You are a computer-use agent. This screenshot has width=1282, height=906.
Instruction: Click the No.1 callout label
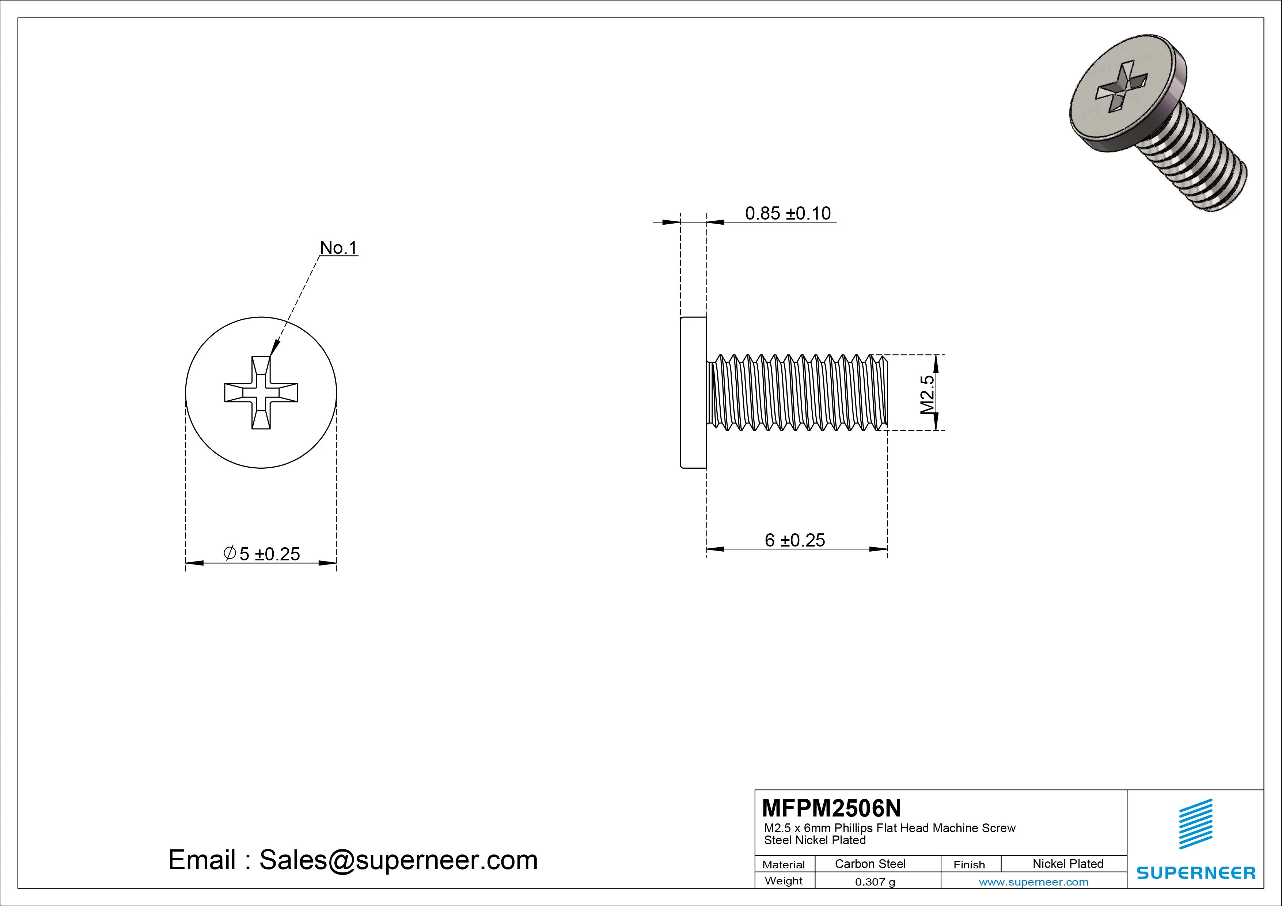[x=338, y=247]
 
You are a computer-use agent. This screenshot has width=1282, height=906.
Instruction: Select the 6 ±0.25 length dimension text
[x=794, y=540]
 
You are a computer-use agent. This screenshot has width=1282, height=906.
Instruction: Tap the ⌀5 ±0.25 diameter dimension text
[x=262, y=554]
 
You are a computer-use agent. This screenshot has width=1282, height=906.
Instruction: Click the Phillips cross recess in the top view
[x=261, y=392]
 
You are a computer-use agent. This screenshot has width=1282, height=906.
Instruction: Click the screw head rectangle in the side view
[x=693, y=392]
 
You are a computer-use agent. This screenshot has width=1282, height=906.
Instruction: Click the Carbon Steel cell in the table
[x=870, y=864]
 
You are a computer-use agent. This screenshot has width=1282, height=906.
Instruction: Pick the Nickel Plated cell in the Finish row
[x=1067, y=864]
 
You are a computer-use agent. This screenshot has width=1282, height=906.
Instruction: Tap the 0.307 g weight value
[x=875, y=882]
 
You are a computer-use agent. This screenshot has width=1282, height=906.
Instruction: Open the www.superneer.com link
[x=1033, y=882]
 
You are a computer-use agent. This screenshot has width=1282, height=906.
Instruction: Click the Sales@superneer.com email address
[x=398, y=860]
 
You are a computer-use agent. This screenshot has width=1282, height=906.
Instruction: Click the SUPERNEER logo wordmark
[x=1195, y=872]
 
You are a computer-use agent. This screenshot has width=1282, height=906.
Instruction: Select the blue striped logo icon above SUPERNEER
[x=1195, y=823]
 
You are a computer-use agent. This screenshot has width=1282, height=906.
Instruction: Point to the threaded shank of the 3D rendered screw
[x=1201, y=162]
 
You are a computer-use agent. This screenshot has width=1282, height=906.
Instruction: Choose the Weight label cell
[x=784, y=881]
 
